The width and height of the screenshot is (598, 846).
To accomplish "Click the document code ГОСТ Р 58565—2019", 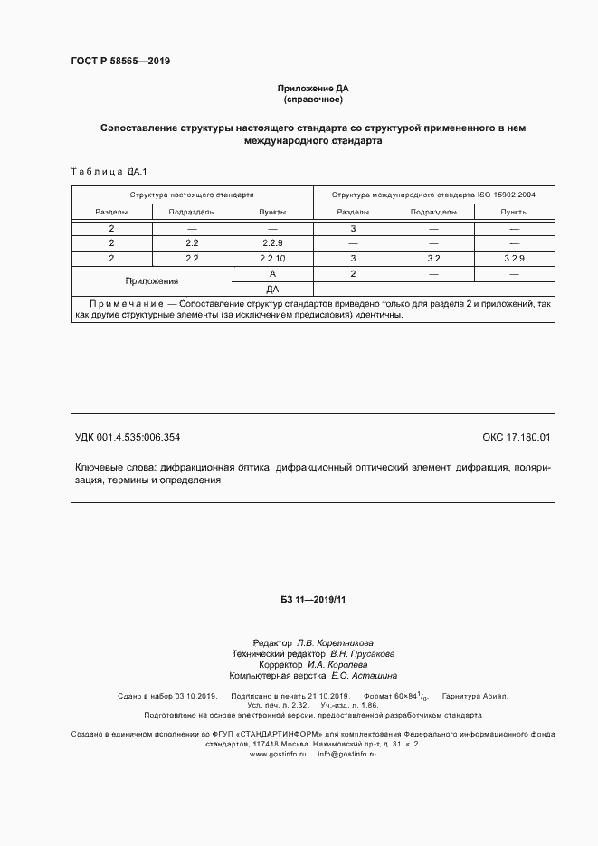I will click(x=120, y=62).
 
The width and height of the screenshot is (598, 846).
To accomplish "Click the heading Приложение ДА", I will click(x=312, y=89).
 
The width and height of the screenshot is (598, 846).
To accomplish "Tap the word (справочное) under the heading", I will click(x=312, y=100).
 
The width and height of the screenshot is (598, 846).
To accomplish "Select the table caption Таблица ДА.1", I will click(x=101, y=172).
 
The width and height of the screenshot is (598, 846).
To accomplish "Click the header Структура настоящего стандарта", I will click(x=191, y=195).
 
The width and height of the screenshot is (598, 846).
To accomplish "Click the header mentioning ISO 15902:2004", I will click(x=433, y=195).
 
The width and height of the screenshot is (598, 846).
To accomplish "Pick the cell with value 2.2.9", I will click(x=272, y=243).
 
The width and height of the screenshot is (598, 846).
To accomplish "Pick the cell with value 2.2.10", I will click(x=272, y=259).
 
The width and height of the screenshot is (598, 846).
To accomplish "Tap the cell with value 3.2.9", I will click(x=514, y=259).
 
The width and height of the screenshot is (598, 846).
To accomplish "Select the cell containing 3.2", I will click(x=432, y=259).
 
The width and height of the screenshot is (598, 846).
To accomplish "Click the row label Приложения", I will click(x=151, y=281).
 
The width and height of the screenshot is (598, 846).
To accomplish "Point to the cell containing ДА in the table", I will click(x=272, y=289).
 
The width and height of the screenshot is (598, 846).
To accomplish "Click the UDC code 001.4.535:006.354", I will click(x=128, y=438).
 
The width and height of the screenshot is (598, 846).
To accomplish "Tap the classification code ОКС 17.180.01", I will click(x=516, y=438).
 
